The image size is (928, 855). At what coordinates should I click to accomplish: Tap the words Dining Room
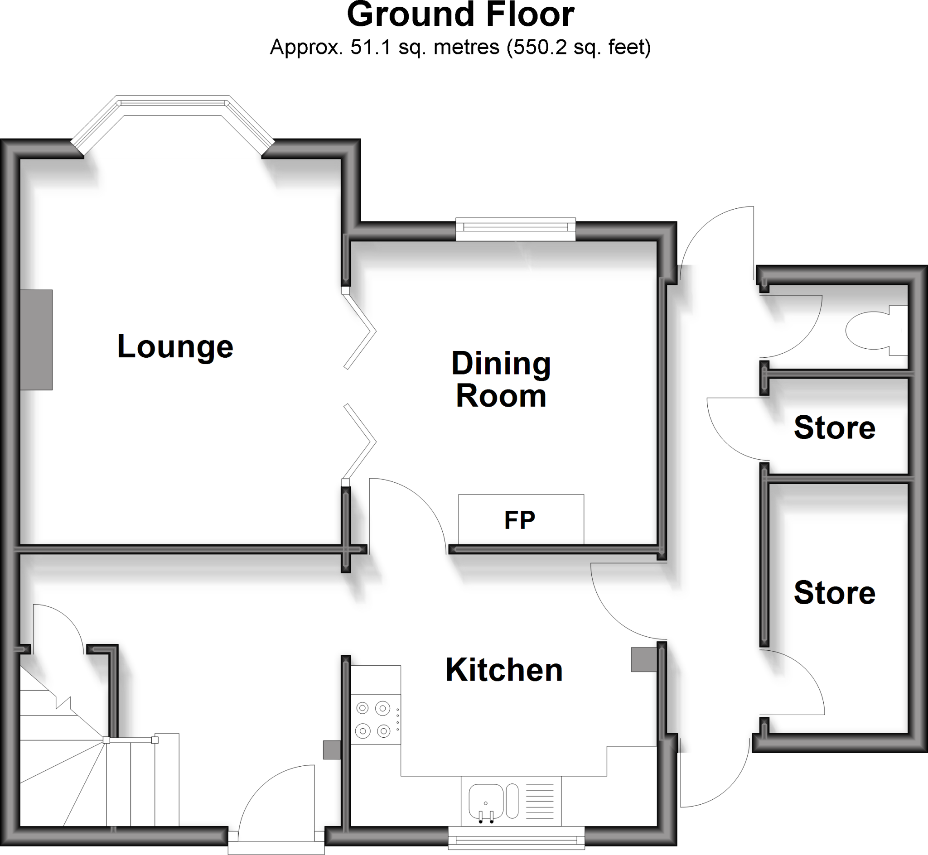(x=501, y=379)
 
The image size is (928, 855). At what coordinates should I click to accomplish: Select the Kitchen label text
(x=503, y=670)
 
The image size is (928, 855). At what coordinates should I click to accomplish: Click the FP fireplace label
(x=520, y=520)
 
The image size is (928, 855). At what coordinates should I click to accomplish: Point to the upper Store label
(x=835, y=427)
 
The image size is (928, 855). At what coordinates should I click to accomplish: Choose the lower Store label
(x=835, y=593)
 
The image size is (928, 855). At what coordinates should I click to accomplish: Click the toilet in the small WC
(x=870, y=330)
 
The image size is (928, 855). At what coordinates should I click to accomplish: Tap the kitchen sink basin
(x=485, y=801)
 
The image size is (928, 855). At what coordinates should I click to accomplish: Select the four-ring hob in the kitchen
(x=373, y=720)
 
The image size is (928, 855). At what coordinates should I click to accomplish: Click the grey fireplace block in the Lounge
(x=36, y=340)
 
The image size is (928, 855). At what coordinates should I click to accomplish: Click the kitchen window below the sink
(x=516, y=838)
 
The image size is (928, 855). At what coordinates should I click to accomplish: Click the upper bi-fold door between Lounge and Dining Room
(x=360, y=331)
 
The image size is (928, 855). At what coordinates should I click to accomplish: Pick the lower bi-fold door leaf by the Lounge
(x=360, y=442)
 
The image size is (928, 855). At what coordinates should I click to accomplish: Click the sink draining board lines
(x=540, y=801)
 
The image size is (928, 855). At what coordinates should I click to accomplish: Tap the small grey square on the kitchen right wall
(x=644, y=659)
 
